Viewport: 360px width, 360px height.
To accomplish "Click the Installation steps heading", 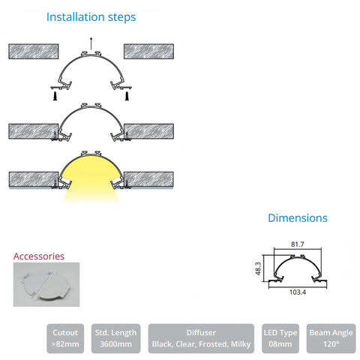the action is coord(91,17).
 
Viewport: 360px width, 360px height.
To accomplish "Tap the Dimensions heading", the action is coord(298,218).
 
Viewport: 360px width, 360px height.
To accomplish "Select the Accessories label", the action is coord(39,256).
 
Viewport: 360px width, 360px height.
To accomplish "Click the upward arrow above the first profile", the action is coord(91,43).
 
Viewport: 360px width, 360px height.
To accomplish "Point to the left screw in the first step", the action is coord(55,96).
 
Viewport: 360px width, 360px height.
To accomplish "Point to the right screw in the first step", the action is coord(127,96).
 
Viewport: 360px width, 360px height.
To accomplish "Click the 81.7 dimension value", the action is coord(298,244).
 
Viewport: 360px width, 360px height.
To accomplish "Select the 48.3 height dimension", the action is coord(258,268).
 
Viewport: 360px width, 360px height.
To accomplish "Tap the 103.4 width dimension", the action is coord(298,292).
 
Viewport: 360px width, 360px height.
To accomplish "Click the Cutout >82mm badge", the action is coord(65,338).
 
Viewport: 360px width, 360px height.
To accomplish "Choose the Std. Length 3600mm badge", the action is coord(115,338).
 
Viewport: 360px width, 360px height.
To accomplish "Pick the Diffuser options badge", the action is coord(201,338).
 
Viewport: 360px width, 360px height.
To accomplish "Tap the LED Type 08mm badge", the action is coord(280,338).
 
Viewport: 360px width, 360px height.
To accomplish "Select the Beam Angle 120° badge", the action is coord(331,338).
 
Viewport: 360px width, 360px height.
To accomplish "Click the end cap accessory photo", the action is coord(46,284).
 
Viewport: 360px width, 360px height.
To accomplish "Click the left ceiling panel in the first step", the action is coord(34,52).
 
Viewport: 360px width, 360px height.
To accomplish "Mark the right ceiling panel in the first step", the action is coord(148,52).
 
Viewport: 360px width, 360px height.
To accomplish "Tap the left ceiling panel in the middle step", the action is coord(34,131).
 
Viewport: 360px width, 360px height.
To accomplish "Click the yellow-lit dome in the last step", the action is coord(91,170).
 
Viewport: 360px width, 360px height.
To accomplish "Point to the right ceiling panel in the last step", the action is coord(148,179).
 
